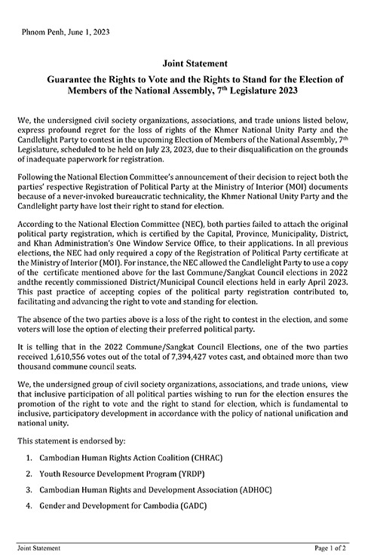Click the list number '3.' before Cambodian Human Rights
point(29,489)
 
